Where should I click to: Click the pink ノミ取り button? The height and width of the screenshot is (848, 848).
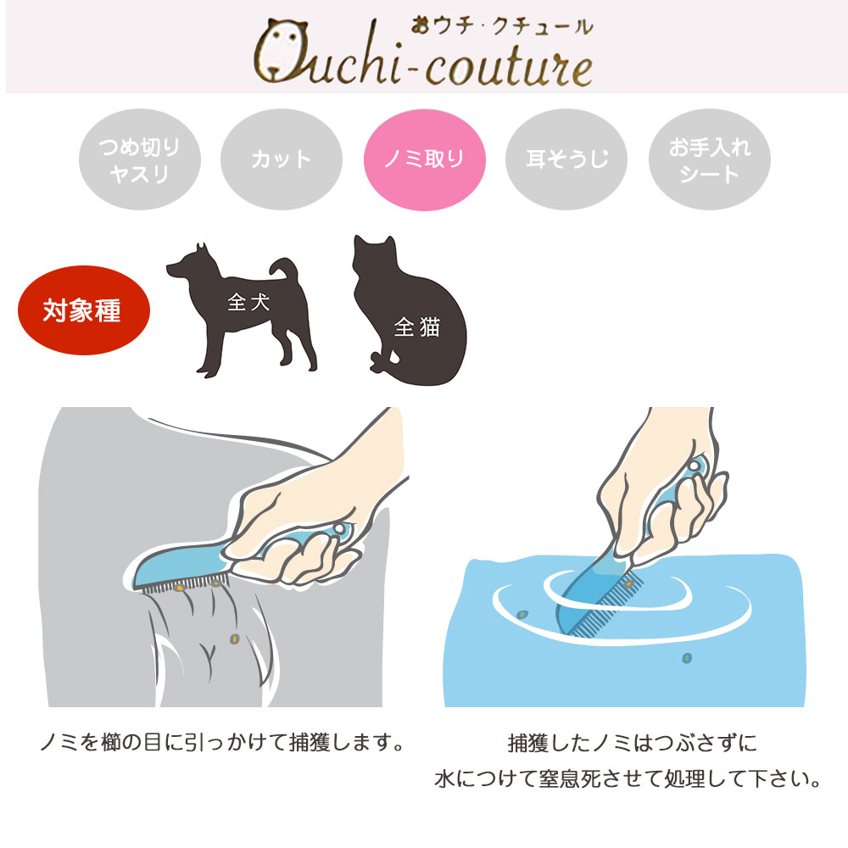(x=424, y=159)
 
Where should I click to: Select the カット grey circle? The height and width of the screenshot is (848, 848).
(x=282, y=159)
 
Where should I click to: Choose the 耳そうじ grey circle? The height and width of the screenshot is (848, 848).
(x=566, y=159)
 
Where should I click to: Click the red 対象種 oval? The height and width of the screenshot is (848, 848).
(x=83, y=310)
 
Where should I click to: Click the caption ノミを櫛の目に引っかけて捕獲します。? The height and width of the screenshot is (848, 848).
(x=220, y=744)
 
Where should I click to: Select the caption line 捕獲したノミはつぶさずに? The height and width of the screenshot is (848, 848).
(x=632, y=744)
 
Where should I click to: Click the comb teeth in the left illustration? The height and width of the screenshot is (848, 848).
(x=178, y=587)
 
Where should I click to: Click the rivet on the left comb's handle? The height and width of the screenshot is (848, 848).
(x=339, y=530)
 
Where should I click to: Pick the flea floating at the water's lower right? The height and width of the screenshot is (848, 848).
(x=687, y=657)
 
